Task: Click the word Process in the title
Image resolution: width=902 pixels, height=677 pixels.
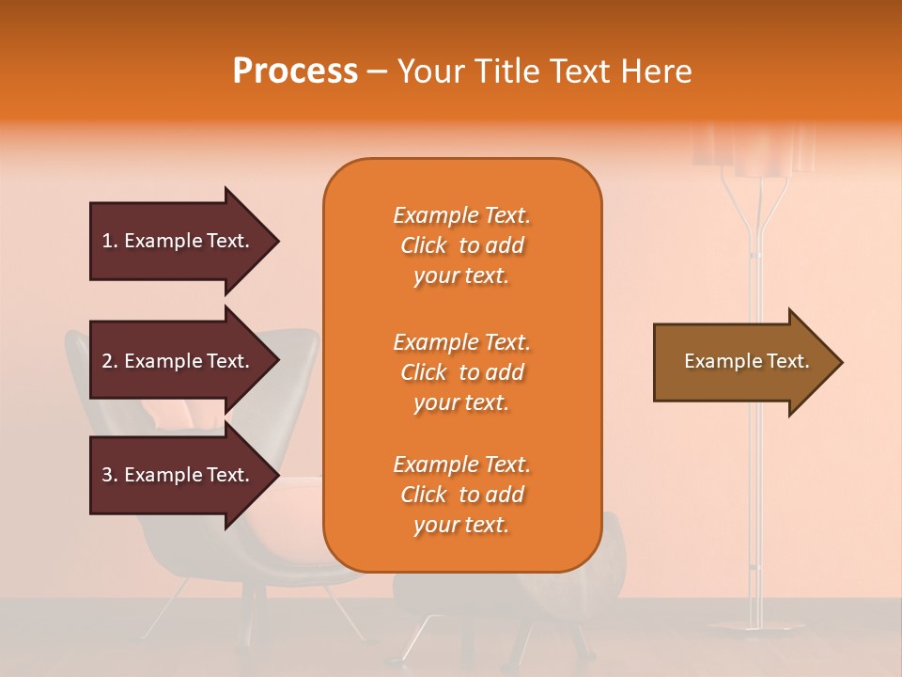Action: (295, 71)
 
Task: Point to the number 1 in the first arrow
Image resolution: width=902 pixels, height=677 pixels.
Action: (106, 241)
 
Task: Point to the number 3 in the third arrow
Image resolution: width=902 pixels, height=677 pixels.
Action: (106, 475)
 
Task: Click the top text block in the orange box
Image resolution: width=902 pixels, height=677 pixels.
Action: (461, 245)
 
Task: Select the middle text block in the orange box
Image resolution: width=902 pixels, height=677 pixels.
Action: (461, 372)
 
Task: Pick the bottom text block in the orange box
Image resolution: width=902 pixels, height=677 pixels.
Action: (461, 495)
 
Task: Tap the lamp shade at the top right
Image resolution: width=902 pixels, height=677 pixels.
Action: (753, 150)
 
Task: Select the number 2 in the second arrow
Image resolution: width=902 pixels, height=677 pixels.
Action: (106, 361)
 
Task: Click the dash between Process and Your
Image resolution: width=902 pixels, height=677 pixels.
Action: (377, 72)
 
